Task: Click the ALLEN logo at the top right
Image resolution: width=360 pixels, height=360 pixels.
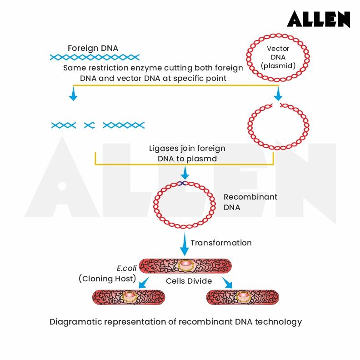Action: coord(318,19)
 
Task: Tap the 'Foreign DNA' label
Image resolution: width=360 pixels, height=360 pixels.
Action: coord(93,48)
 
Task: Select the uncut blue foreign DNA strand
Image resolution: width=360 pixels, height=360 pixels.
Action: coord(95,57)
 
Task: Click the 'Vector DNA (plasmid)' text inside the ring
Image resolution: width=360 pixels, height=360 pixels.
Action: coord(278,57)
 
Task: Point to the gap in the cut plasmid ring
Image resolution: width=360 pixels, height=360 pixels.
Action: coord(277,105)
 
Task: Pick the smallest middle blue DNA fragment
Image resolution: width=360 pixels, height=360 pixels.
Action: coord(89,125)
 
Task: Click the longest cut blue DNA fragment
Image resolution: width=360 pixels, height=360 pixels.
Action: coord(124,125)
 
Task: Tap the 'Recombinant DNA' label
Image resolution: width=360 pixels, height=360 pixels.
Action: coord(250,202)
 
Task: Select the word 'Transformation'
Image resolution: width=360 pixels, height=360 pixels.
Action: coord(221,243)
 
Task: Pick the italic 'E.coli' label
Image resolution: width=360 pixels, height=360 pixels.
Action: coord(127,268)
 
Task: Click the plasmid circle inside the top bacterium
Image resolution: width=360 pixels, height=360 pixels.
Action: coord(185,265)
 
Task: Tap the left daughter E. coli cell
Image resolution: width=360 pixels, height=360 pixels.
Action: coord(129,297)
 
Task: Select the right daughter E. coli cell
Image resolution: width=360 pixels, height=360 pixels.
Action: coord(243,297)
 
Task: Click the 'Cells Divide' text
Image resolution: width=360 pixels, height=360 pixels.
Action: coord(189,281)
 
